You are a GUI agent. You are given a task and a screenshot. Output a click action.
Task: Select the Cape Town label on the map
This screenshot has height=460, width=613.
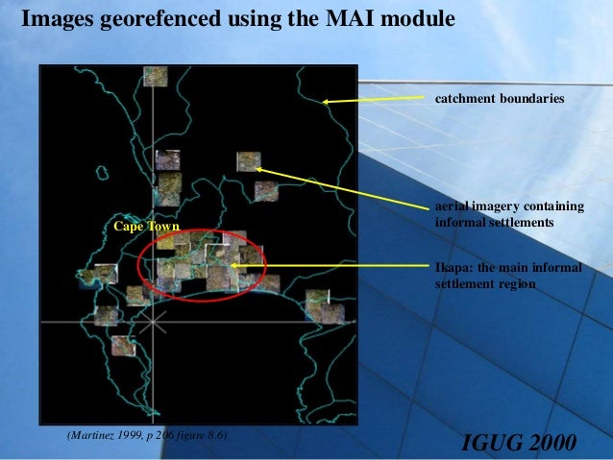(146, 227)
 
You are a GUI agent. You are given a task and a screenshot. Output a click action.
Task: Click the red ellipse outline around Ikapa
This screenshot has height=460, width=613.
(138, 263)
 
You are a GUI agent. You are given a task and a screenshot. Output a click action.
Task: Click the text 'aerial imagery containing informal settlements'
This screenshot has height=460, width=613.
(509, 215)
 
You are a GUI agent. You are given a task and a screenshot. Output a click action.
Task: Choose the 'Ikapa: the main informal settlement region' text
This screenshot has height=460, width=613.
(508, 276)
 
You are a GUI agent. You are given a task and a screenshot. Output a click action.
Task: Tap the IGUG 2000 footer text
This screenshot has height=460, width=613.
(519, 442)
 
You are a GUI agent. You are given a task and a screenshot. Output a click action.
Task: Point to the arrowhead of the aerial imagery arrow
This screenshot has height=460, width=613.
(258, 169)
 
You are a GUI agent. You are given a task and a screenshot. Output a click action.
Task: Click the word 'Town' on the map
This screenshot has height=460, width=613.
(163, 227)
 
